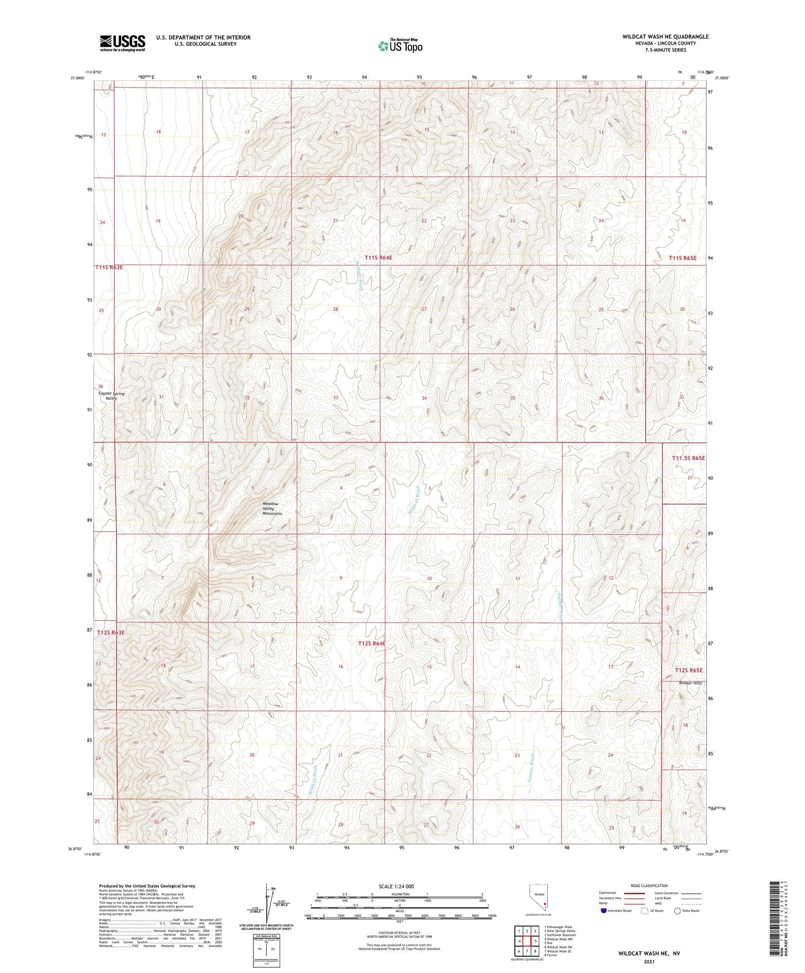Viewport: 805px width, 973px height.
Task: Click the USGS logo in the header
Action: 123,43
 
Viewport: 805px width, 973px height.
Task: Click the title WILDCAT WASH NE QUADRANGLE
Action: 665,37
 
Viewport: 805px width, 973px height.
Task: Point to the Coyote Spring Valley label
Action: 111,396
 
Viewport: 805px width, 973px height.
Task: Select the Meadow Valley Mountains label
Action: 272,508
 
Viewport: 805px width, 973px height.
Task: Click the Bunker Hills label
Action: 690,683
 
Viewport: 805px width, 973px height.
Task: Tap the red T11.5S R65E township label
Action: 688,458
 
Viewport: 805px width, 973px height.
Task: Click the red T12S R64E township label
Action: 372,644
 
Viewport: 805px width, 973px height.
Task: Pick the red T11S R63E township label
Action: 109,267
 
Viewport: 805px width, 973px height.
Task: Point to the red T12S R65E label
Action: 689,670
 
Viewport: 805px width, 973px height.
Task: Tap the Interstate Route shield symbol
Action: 603,911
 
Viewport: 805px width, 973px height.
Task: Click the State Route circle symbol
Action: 677,911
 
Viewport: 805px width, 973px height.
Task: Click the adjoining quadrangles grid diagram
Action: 527,941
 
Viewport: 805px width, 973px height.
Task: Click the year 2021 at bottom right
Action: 648,962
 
